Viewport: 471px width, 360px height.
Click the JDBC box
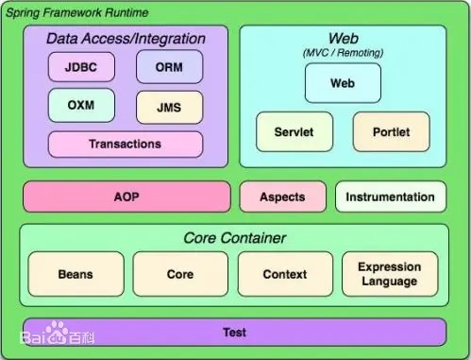click(81, 67)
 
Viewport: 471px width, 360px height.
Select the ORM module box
click(170, 67)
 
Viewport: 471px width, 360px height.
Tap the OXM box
click(81, 105)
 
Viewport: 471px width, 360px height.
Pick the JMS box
click(170, 108)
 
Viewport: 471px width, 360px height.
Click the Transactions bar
click(126, 145)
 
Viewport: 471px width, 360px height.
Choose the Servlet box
click(294, 131)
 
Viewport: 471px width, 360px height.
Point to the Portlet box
click(392, 131)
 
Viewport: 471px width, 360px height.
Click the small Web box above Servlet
click(343, 83)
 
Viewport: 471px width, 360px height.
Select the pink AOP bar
click(126, 197)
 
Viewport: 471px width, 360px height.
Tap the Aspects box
click(283, 197)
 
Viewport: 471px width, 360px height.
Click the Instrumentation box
click(391, 197)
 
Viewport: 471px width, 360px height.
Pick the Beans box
click(76, 274)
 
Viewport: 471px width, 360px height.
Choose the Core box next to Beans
click(180, 274)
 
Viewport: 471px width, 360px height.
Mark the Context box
click(285, 274)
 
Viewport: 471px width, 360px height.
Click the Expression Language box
click(390, 274)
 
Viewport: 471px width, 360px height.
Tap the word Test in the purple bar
click(235, 333)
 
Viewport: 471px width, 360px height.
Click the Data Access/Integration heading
click(126, 39)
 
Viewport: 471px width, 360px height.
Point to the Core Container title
click(235, 238)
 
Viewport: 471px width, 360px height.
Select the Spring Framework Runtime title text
click(77, 13)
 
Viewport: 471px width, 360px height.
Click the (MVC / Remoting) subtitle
click(343, 53)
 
